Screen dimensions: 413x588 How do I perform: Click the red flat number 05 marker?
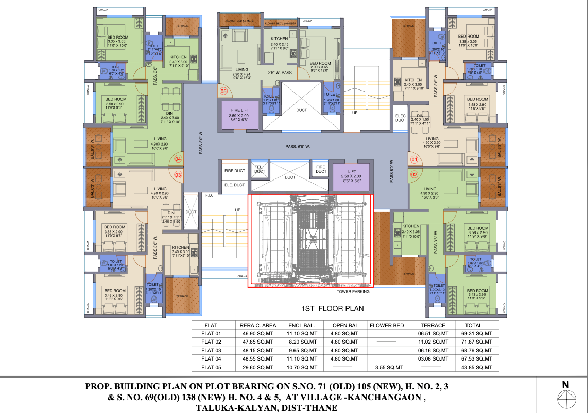coord(223,92)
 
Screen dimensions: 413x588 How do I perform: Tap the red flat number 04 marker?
coord(178,159)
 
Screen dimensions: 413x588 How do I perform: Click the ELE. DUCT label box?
coord(234,185)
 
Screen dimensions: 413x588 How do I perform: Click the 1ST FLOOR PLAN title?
coord(332,309)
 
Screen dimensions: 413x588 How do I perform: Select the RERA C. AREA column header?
coord(258,325)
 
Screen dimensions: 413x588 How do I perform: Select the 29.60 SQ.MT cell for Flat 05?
coord(258,367)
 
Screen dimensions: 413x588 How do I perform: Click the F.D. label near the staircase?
coord(209,195)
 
